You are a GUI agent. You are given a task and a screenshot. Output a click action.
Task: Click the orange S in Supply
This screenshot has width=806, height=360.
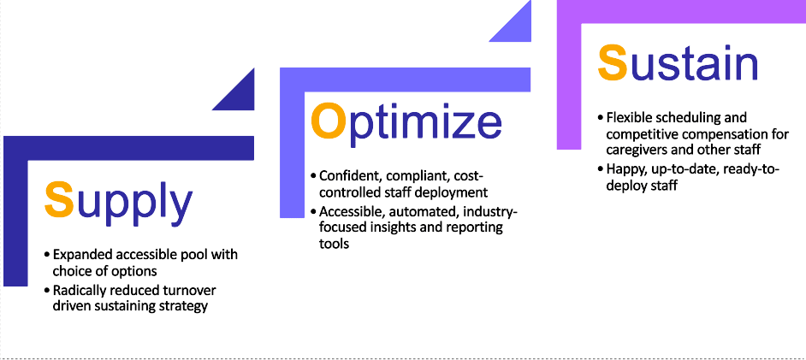pyautogui.click(x=60, y=200)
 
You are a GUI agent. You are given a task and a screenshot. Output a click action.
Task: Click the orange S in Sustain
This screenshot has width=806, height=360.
pyautogui.click(x=613, y=62)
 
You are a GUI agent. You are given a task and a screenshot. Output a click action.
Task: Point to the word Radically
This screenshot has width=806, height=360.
pyautogui.click(x=75, y=291)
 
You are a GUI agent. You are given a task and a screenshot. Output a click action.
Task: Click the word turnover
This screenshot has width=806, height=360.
pyautogui.click(x=193, y=291)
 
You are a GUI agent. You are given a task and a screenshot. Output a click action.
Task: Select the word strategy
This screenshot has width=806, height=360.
pyautogui.click(x=186, y=307)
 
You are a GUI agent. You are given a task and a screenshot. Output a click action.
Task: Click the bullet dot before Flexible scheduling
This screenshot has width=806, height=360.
pyautogui.click(x=601, y=118)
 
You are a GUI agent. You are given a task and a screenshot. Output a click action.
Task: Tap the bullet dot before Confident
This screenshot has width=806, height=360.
pyautogui.click(x=313, y=176)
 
